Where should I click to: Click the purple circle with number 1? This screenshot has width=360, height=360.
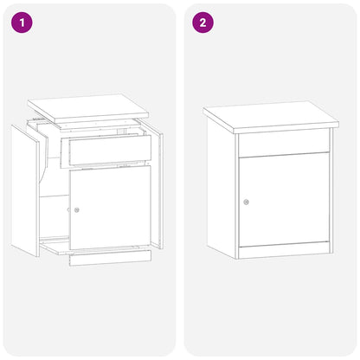coord(22,22)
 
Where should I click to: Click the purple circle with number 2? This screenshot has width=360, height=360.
coord(202,22)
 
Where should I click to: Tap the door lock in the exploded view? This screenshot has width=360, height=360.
coord(76,210)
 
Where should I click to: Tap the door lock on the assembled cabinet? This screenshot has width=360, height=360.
coord(247,202)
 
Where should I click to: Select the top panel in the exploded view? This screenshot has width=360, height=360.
coord(87,106)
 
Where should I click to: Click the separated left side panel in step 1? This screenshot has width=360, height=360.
coord(25,189)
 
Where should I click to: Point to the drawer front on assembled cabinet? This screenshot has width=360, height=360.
coord(283,144)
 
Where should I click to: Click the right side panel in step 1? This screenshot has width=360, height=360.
coord(157,190)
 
